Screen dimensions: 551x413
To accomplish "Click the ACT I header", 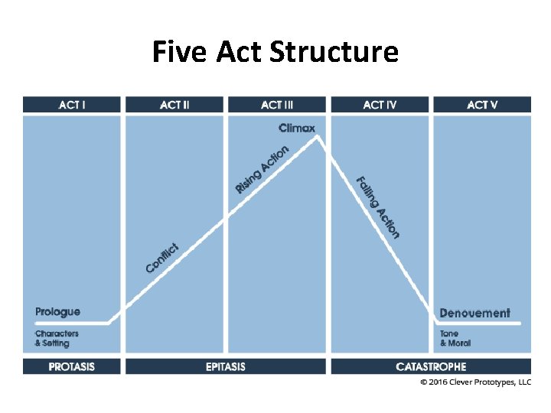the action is [72, 105].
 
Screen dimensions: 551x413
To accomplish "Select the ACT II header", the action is [174, 105].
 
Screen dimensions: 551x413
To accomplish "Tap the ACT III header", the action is [277, 105].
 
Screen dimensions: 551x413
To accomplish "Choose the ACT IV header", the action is [380, 105].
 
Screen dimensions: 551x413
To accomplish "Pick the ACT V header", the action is [482, 105].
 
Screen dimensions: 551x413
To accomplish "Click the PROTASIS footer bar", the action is [72, 366].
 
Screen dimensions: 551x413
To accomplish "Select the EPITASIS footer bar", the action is [226, 366].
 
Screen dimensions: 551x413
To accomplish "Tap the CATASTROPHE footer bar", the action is [431, 366].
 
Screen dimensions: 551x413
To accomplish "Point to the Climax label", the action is [297, 128].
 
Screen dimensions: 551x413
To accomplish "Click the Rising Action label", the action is [262, 169].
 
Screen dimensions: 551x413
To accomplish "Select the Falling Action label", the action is [378, 207].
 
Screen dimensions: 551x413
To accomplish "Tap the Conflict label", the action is [162, 259].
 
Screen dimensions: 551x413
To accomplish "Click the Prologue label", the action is [57, 312].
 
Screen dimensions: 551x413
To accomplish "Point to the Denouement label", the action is [474, 313].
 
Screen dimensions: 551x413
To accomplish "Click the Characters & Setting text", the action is [57, 338].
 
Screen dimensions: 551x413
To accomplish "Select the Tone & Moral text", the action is [455, 338].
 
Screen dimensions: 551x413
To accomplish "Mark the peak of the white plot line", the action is [318, 137].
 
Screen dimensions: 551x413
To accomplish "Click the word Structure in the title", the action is [334, 52].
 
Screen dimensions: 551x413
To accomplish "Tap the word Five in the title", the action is [179, 52].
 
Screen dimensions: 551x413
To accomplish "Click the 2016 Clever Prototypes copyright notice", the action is [476, 382].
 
